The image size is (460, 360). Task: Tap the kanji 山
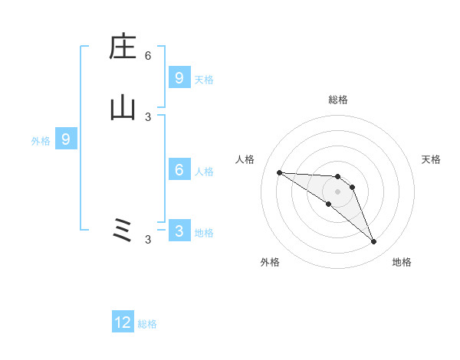(123, 108)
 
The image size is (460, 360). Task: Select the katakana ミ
(123, 231)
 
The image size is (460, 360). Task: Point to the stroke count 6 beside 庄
(148, 55)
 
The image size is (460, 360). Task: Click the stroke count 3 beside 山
(148, 116)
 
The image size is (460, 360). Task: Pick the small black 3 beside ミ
(148, 240)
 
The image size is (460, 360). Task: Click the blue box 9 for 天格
(179, 77)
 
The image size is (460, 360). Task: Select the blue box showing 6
(179, 169)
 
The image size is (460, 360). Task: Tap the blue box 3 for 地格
(179, 231)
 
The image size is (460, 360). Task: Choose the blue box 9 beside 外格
(66, 139)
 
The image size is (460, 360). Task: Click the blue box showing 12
(123, 322)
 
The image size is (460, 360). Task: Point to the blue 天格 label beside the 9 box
(204, 79)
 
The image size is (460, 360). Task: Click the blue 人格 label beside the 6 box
(204, 171)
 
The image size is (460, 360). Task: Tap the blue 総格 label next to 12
(147, 324)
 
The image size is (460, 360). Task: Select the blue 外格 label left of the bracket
(41, 141)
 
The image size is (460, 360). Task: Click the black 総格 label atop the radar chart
(338, 100)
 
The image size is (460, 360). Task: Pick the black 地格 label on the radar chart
(402, 262)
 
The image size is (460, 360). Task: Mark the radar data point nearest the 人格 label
(279, 172)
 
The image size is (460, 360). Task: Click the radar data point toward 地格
(374, 242)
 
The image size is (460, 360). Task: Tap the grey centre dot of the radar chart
(338, 191)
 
